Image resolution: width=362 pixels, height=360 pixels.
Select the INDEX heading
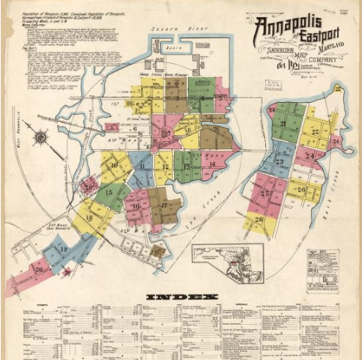pos(182,297)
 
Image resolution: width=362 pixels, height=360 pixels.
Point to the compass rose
pos(40,136)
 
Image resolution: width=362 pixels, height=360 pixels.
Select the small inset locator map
pos(228,264)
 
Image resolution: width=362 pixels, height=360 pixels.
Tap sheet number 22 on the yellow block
pos(316,132)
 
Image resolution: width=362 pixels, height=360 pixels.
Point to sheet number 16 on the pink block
pos(135,206)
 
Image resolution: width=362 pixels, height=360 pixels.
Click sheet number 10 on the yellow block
pos(114,166)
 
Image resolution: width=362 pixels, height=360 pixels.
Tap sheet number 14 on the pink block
pos(211,165)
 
